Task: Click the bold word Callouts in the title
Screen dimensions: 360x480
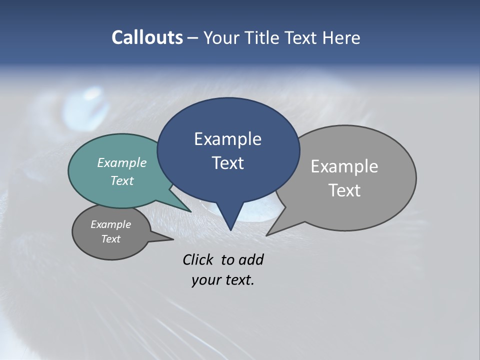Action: click(147, 37)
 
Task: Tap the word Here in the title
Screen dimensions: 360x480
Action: click(341, 37)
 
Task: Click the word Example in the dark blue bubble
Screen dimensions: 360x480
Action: click(227, 139)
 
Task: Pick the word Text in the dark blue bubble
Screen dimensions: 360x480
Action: click(227, 163)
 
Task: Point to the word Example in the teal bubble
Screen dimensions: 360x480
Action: click(122, 162)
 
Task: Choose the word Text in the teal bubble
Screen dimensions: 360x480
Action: click(122, 180)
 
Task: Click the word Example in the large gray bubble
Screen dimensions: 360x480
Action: click(344, 166)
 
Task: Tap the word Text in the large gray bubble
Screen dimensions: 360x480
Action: click(344, 190)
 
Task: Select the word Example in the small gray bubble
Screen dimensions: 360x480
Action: click(110, 224)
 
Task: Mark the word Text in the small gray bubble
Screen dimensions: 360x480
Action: click(110, 239)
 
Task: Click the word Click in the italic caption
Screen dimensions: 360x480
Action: click(198, 259)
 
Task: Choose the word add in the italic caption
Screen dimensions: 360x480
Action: click(251, 259)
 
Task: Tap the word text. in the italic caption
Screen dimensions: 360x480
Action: click(238, 280)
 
